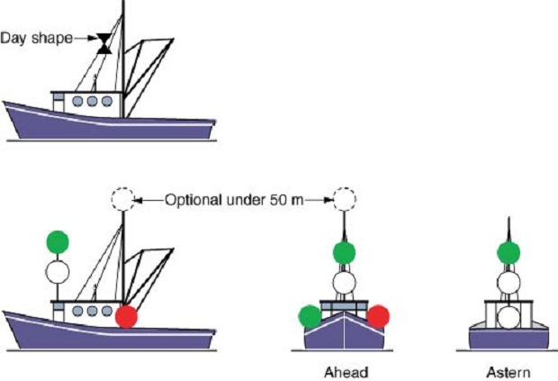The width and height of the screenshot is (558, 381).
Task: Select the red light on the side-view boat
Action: pos(126,317)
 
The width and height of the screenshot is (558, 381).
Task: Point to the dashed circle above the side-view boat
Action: pos(121,199)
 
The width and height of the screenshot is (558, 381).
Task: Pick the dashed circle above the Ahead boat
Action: pos(342,199)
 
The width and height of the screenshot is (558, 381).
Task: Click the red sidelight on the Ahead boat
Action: pos(378,316)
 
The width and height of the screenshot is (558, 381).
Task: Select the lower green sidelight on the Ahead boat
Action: pos(309,316)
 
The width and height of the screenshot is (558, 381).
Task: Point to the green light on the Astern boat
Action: pos(508,252)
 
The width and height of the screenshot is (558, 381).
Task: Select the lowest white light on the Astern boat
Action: pos(508,317)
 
